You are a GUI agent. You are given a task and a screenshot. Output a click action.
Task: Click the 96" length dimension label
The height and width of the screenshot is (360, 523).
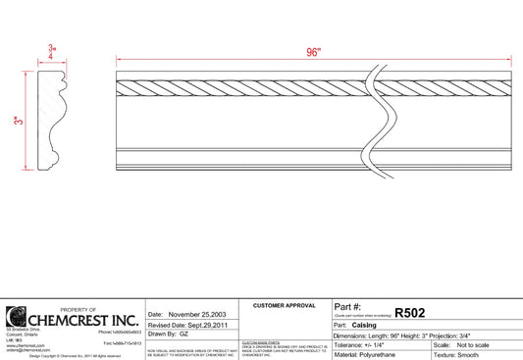point(314,54)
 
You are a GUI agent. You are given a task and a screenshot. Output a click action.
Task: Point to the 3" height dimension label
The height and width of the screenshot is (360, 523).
point(17,121)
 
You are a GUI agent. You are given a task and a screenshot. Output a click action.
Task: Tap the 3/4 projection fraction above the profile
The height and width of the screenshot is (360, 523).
point(51,52)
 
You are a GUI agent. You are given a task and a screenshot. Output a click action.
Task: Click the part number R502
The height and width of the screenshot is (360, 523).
point(409,312)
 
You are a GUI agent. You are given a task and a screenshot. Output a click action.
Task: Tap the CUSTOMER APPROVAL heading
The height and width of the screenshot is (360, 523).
point(284,306)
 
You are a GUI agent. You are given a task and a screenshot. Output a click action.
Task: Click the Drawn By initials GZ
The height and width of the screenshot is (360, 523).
point(183,334)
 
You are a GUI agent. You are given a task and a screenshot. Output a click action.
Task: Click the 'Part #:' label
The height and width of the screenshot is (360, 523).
point(348,308)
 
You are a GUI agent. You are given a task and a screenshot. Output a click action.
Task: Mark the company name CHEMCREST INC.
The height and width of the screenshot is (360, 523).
point(82,320)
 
